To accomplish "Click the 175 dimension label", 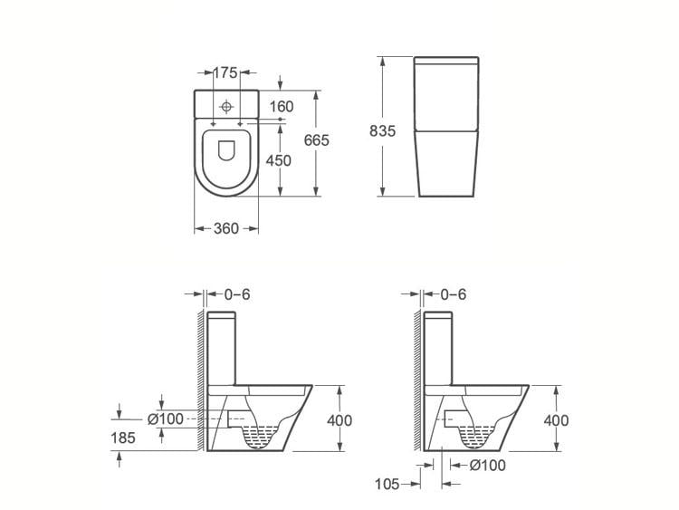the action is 226,72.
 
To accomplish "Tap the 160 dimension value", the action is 282,106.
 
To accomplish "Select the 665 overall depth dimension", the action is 317,140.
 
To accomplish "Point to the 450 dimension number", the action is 279,160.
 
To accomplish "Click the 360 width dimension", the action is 226,228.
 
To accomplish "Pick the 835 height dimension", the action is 382,130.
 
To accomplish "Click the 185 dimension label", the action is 123,438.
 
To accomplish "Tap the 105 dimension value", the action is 387,484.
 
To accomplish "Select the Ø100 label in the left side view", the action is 166,419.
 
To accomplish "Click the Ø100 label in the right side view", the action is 488,466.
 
